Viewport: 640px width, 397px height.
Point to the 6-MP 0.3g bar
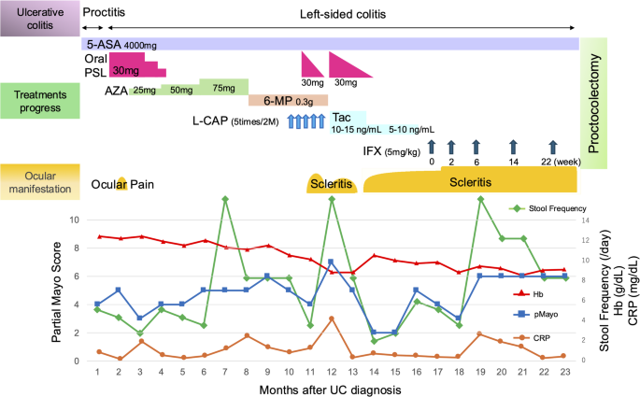pyautogui.click(x=288, y=100)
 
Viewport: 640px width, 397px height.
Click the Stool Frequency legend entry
pyautogui.click(x=554, y=207)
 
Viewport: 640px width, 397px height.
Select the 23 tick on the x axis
pyautogui.click(x=563, y=371)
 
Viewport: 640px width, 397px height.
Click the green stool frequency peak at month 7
pyautogui.click(x=225, y=198)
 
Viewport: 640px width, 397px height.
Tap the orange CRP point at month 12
pyautogui.click(x=331, y=319)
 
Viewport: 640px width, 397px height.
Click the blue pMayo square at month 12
pyautogui.click(x=331, y=262)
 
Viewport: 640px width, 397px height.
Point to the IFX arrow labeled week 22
pyautogui.click(x=552, y=146)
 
